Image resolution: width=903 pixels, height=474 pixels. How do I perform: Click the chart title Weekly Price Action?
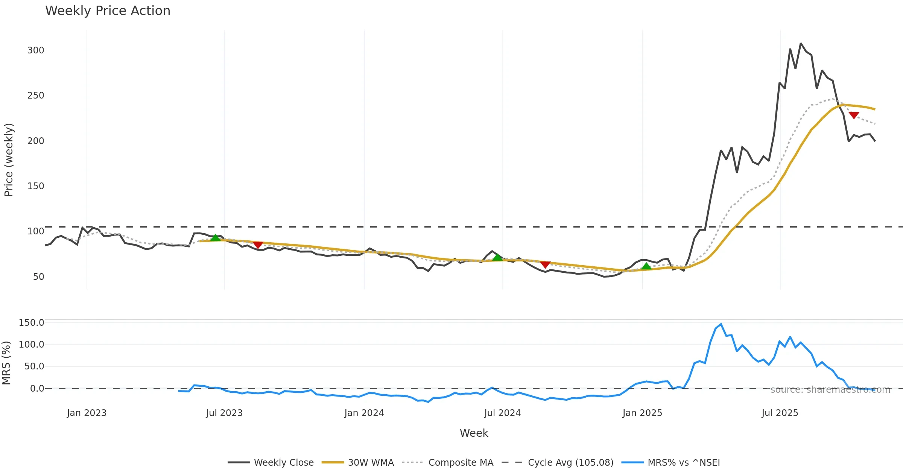[x=108, y=11]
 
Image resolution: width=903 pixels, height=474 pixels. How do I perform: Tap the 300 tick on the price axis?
[x=36, y=50]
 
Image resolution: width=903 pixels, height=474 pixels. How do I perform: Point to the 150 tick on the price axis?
[x=36, y=186]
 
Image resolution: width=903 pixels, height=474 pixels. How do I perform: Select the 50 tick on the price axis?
[x=38, y=277]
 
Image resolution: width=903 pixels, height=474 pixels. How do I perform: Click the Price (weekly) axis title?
[x=9, y=160]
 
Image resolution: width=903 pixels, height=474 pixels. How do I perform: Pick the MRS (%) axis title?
[x=6, y=363]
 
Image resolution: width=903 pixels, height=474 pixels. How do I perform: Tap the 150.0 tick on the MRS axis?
[x=32, y=323]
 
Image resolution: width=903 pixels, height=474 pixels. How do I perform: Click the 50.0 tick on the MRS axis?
[x=34, y=366]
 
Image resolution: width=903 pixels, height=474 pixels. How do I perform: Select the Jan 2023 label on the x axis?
[x=87, y=413]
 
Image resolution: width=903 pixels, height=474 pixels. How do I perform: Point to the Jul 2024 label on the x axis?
[x=503, y=413]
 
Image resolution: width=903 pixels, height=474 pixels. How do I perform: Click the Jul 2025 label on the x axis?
[x=780, y=413]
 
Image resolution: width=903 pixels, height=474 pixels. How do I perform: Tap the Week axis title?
[x=474, y=433]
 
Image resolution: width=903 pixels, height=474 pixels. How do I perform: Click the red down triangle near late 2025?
[x=854, y=115]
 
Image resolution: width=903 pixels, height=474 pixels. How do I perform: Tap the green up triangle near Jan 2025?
[x=646, y=266]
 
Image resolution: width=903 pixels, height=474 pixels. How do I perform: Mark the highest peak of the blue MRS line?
[x=721, y=324]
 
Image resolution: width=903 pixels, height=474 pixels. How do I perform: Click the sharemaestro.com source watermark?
[x=830, y=390]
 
